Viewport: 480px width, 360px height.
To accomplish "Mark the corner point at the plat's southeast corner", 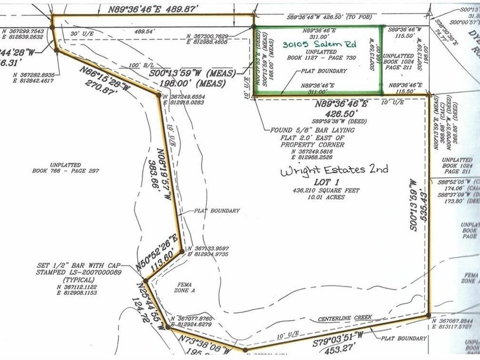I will (x=429, y=316).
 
